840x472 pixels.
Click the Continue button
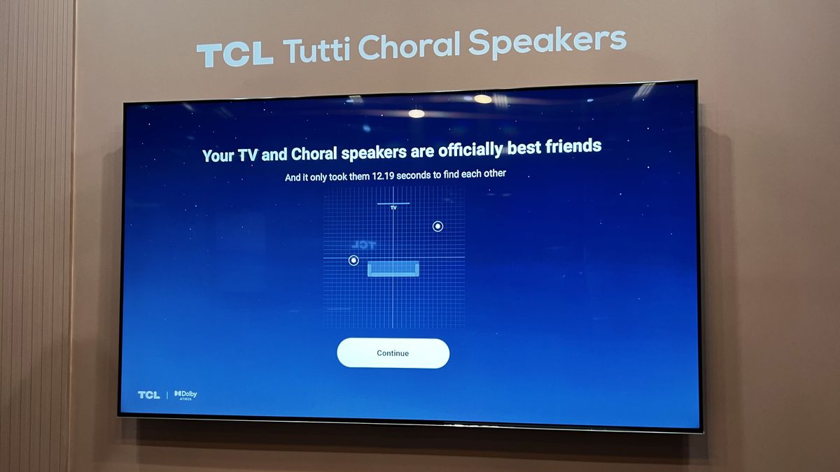393,353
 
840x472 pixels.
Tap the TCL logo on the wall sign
234,54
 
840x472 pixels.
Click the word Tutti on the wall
318,50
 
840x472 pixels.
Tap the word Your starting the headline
217,155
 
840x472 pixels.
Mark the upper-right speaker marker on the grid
437,226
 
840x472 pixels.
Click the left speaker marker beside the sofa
353,260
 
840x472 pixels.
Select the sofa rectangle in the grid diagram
393,269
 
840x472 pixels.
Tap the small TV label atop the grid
393,208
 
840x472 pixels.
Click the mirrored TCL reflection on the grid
363,245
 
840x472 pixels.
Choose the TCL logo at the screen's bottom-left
148,395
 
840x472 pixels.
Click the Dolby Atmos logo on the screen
185,395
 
